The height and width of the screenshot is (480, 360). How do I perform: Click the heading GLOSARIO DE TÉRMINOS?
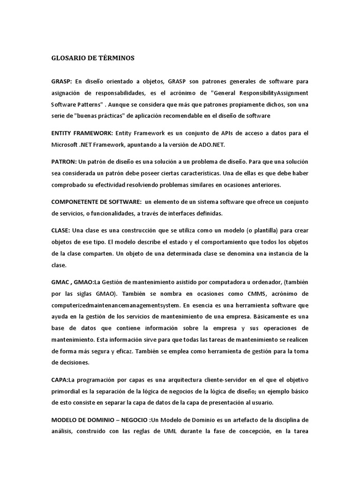[93, 58]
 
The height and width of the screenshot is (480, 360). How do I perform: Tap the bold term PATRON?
[64, 162]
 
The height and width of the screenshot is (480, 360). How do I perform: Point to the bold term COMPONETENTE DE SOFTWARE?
[96, 202]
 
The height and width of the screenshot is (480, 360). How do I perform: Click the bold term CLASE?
[60, 230]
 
